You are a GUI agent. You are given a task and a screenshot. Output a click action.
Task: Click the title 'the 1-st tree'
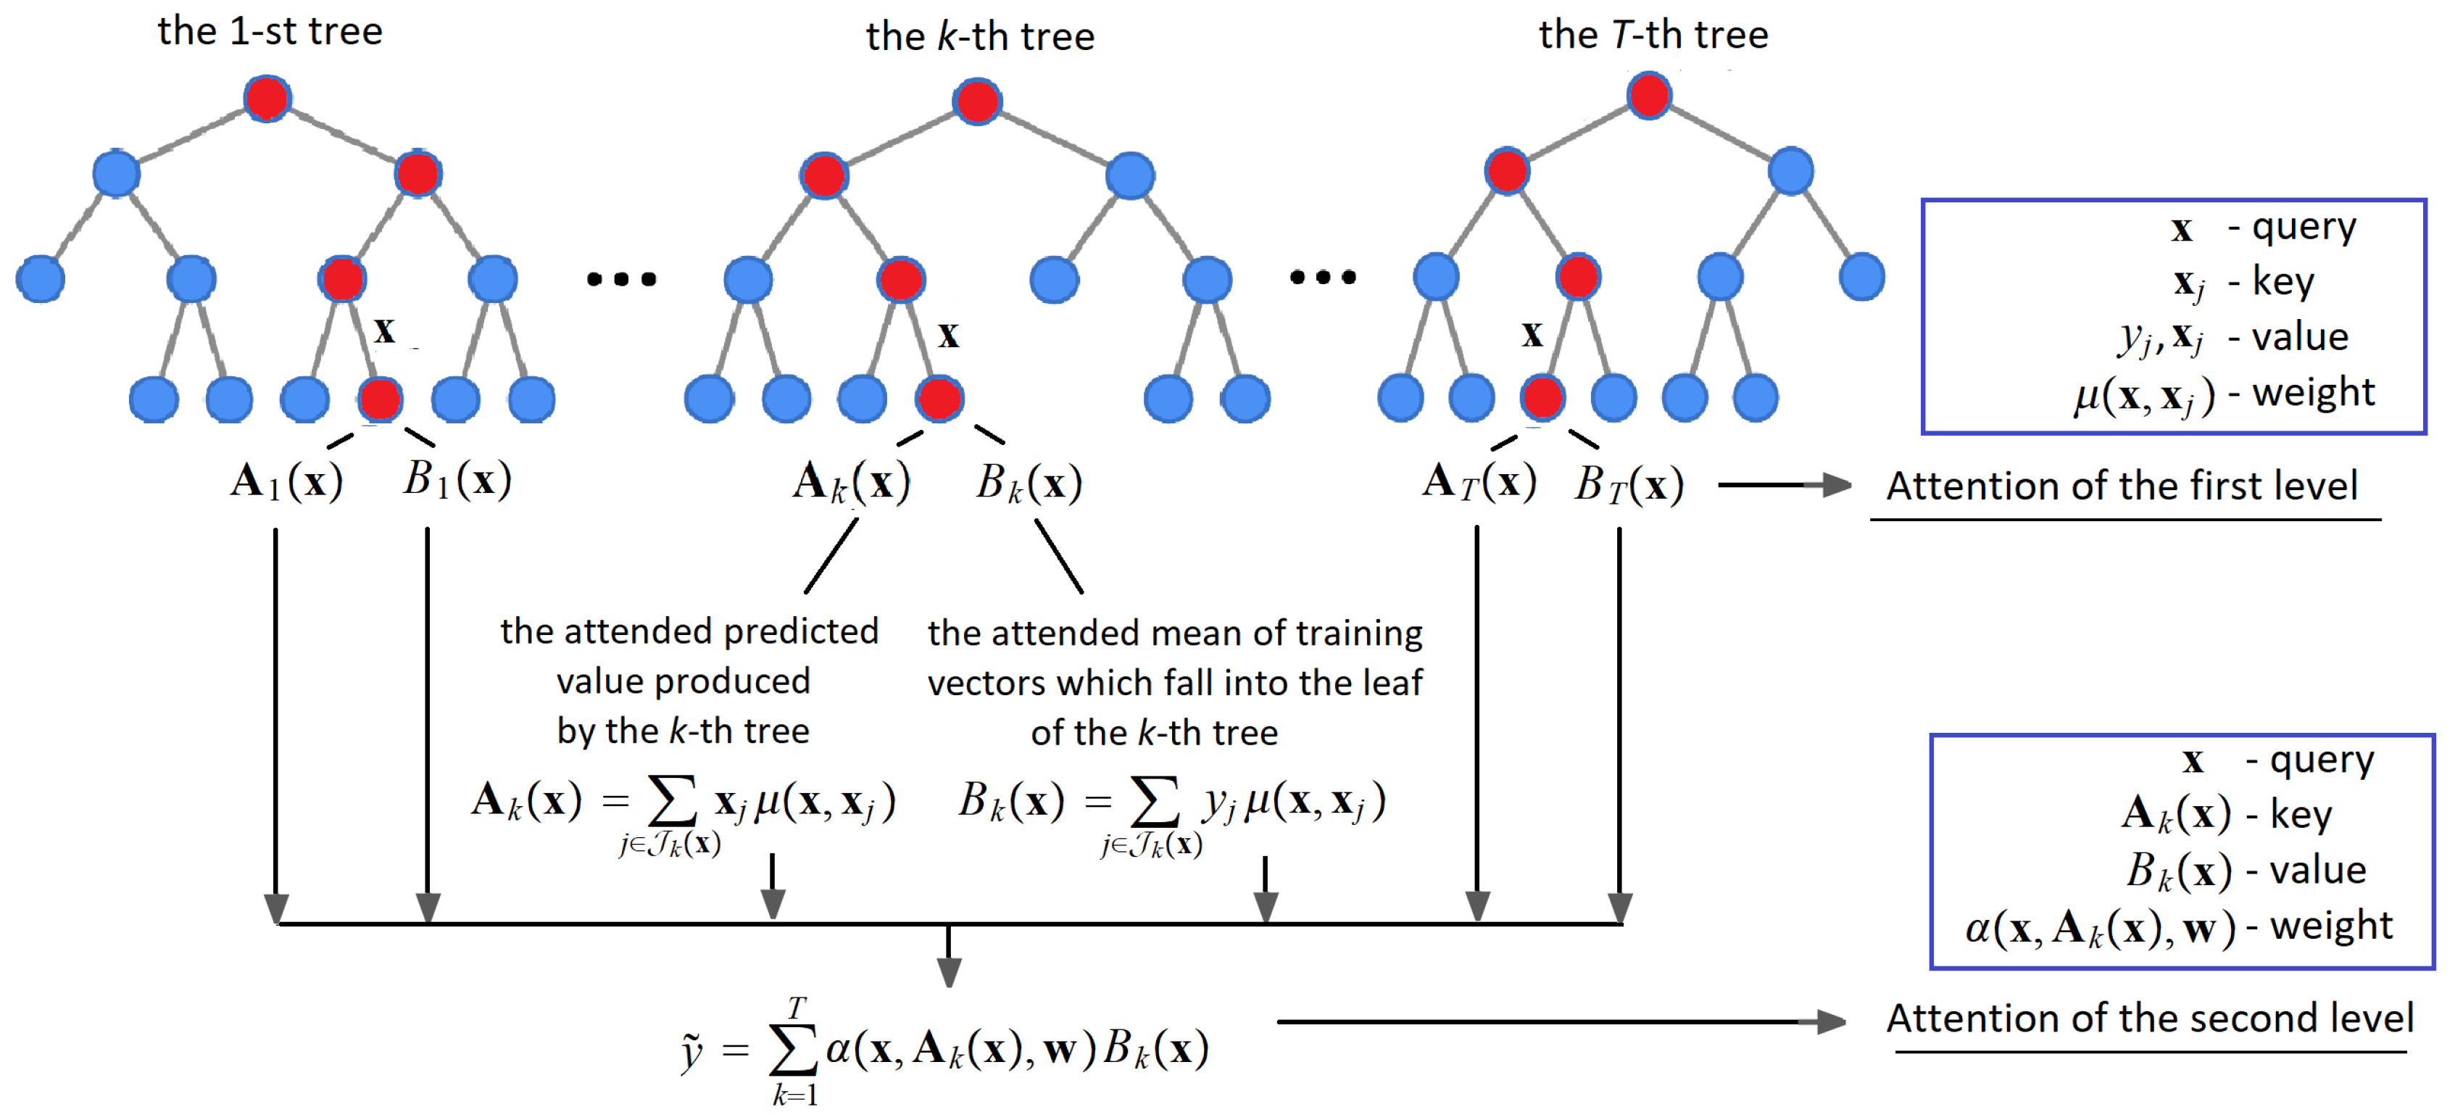pos(270,31)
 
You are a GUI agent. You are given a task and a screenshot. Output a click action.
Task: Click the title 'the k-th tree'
pos(980,36)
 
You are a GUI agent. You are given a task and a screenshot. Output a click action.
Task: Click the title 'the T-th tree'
pos(1653,34)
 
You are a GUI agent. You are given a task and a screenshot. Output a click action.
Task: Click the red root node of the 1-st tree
pos(267,98)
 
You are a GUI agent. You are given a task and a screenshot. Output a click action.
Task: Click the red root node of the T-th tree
pos(1649,95)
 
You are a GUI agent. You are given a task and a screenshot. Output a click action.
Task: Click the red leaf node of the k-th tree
pos(939,399)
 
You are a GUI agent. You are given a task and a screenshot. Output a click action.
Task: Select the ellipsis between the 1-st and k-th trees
pos(621,278)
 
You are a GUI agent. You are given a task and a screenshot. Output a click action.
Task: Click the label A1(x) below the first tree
pos(286,481)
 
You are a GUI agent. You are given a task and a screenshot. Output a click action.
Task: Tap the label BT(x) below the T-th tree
pos(1629,484)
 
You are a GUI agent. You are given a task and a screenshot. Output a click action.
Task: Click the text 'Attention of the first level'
pos(2122,486)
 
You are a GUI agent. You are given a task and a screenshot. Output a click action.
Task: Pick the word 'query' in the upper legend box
pos(2304,227)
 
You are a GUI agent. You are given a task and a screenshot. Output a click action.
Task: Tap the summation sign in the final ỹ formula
pos(793,1050)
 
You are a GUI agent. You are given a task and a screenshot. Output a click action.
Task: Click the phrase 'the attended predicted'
pos(689,631)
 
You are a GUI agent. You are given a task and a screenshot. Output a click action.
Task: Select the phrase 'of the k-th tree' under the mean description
pos(1153,732)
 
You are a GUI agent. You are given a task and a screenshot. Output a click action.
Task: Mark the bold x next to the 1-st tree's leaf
pos(384,331)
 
